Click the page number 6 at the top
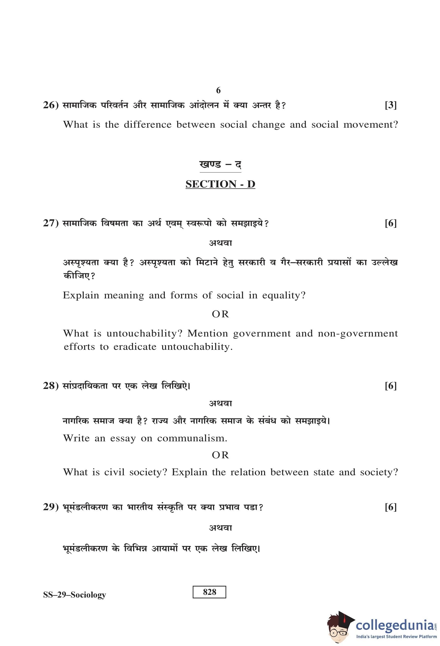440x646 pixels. [x=218, y=90]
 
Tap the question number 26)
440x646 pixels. [x=51, y=105]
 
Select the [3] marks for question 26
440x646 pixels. [x=390, y=105]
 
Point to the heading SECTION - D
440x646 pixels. [x=220, y=184]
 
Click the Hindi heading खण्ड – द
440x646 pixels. [x=220, y=164]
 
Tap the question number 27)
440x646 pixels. [x=51, y=223]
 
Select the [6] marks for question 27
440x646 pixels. [x=390, y=223]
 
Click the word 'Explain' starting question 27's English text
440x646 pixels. [x=81, y=295]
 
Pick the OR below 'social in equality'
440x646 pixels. [x=220, y=314]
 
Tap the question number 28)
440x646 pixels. [x=51, y=385]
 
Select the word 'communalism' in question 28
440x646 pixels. [x=192, y=438]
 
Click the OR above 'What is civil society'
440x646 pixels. [x=220, y=455]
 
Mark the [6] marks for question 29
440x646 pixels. [x=390, y=507]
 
